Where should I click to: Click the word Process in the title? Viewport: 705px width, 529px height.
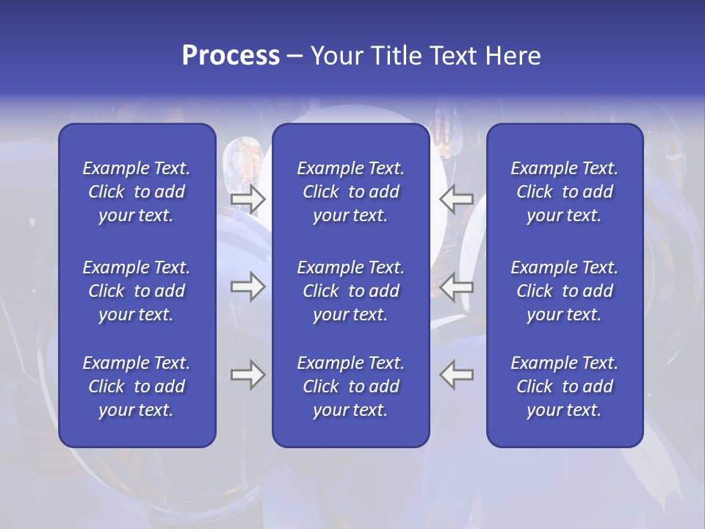[231, 56]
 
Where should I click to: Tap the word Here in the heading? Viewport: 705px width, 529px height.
[511, 56]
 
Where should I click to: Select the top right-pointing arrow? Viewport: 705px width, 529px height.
[247, 199]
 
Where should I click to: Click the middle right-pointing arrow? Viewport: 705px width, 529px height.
[247, 287]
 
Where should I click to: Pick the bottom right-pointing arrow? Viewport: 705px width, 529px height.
[247, 375]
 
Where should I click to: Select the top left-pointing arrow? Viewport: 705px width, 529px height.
[456, 199]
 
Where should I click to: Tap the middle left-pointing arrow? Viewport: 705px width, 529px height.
[456, 287]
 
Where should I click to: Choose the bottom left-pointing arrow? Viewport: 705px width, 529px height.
[456, 375]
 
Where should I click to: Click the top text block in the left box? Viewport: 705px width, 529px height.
[137, 192]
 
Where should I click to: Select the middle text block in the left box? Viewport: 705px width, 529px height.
[137, 291]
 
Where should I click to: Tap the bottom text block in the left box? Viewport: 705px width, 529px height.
[137, 386]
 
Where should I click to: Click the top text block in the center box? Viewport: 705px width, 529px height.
[350, 192]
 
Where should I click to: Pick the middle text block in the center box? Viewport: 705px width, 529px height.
[350, 291]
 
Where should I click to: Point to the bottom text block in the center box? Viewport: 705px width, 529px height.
[350, 386]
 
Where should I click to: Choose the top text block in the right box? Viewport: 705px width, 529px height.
[564, 192]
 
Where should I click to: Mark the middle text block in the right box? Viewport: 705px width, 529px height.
[564, 291]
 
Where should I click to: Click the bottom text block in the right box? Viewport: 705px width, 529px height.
[564, 386]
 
